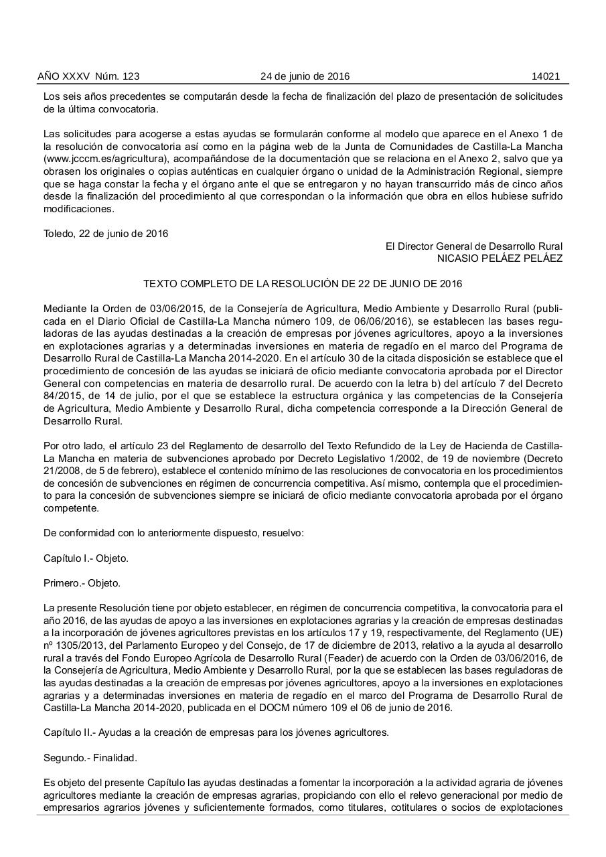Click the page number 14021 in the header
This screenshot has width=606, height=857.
[x=545, y=76]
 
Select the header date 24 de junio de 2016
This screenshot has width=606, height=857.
[x=305, y=76]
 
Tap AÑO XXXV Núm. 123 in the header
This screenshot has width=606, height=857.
[x=88, y=76]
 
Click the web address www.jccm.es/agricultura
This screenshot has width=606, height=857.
[x=108, y=159]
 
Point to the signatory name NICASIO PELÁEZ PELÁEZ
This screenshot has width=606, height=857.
[x=500, y=258]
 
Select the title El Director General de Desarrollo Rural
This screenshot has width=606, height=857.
[x=473, y=246]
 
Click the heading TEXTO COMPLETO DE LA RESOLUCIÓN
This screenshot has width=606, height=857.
[x=303, y=284]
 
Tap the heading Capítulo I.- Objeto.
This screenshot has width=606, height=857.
[x=86, y=558]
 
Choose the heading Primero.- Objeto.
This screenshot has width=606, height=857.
[x=82, y=583]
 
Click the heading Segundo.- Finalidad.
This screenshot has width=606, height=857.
[x=90, y=757]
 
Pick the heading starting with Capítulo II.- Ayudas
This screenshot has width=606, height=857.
[x=216, y=732]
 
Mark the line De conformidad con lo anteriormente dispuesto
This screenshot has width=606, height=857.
[x=173, y=533]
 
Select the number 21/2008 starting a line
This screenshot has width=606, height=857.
[x=61, y=471]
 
